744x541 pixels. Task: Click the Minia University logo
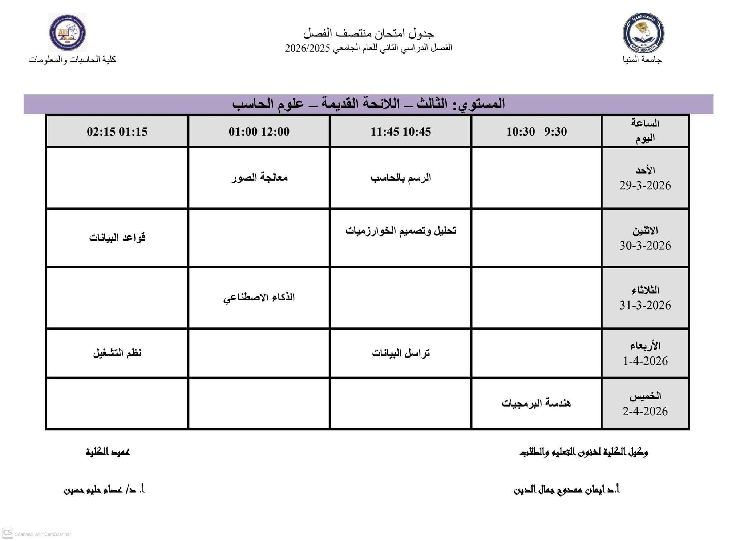pos(643,33)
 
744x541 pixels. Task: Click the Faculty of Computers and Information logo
pos(68,32)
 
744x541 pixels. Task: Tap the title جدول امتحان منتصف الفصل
pos(369,33)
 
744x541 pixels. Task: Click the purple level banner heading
pos(368,104)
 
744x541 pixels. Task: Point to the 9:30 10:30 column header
pos(536,131)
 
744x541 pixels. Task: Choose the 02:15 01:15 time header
pos(117,131)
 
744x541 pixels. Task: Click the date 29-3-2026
pos(645,185)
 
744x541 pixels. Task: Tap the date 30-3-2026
pos(645,246)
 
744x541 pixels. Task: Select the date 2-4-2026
pos(645,411)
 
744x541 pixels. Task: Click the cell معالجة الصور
pos(259,178)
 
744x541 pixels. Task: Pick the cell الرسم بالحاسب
pos(400,178)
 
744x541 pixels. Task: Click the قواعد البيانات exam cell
pos(117,238)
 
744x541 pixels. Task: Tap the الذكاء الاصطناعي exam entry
pos(259,298)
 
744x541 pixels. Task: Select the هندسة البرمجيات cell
pos(536,403)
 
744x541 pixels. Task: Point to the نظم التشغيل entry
pos(117,353)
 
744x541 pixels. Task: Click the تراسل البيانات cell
pos(400,353)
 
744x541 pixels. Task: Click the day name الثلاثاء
pos(645,290)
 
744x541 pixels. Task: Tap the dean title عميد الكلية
pos(108,452)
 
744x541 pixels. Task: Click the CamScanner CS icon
pos(7,533)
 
